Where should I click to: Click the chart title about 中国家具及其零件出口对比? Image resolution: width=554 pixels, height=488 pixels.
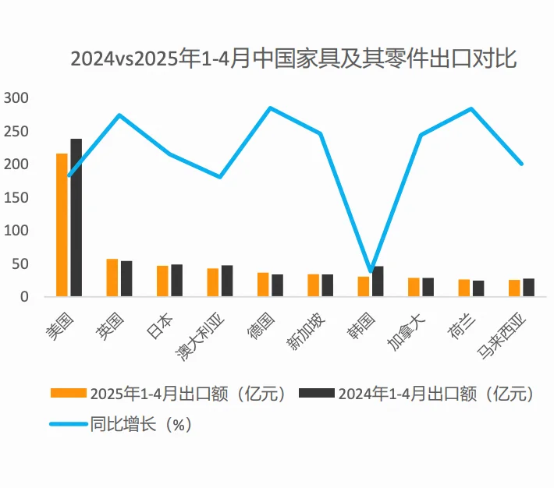click(293, 59)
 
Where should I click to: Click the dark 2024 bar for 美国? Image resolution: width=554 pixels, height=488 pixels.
click(76, 217)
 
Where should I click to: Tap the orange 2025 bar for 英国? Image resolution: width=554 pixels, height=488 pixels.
click(112, 278)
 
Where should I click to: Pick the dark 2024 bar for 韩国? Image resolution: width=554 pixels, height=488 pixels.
click(378, 281)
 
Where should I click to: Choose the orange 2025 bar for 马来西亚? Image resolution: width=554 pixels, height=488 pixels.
click(514, 288)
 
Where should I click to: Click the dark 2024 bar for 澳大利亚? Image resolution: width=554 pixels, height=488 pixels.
click(227, 281)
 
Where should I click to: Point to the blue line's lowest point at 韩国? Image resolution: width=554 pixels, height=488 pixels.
click(371, 271)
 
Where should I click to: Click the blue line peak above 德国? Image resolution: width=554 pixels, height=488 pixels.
click(270, 108)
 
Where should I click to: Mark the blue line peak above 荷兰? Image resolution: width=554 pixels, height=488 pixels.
click(471, 108)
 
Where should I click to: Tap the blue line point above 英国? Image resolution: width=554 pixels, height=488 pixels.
click(119, 115)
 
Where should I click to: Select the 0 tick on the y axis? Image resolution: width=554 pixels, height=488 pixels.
click(24, 297)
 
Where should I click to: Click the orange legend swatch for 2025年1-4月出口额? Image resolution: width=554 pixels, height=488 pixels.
click(68, 393)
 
